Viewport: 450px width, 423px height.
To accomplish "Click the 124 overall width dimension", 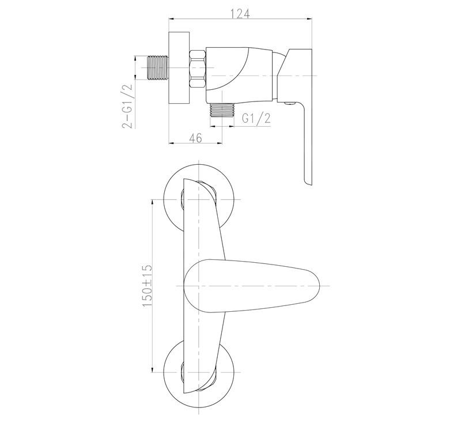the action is (240, 13).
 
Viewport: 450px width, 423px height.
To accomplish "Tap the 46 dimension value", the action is (195, 138).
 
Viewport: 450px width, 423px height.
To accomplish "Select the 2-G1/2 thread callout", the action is (128, 106).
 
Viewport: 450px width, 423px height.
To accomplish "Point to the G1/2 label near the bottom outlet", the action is (256, 119).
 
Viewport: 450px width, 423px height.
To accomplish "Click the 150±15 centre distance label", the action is (147, 285).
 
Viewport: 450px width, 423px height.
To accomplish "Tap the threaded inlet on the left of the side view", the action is (157, 67).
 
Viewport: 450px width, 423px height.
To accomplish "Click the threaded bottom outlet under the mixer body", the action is (222, 110).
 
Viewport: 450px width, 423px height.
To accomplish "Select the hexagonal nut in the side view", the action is (198, 69).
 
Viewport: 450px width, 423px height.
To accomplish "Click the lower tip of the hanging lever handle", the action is (307, 184).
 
